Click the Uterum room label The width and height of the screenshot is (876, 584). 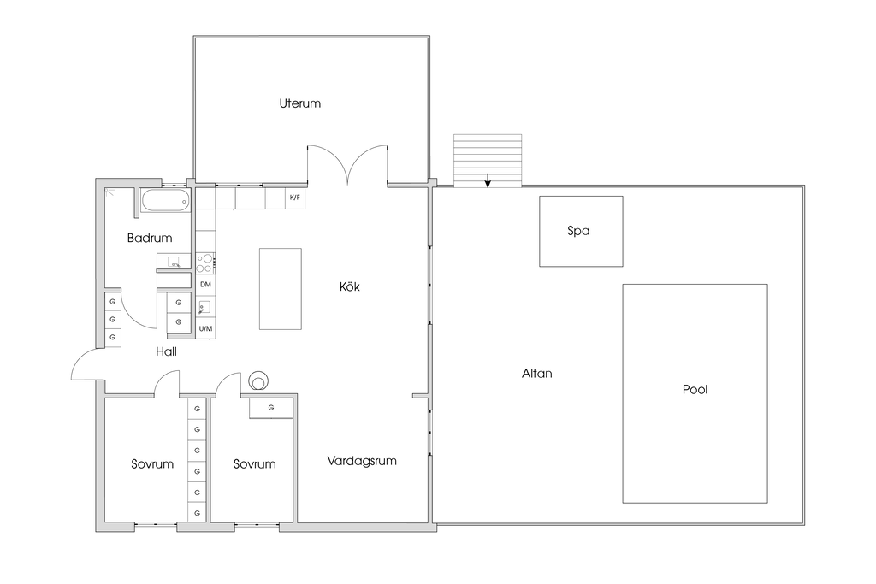pyautogui.click(x=299, y=103)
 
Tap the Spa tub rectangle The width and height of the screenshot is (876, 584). pyautogui.click(x=580, y=231)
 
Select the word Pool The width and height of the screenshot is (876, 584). pyautogui.click(x=695, y=390)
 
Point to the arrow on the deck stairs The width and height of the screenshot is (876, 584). pyautogui.click(x=488, y=180)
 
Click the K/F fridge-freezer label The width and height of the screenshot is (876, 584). pyautogui.click(x=295, y=198)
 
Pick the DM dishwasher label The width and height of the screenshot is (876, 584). pyautogui.click(x=205, y=284)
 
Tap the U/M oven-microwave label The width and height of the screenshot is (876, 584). pyautogui.click(x=205, y=328)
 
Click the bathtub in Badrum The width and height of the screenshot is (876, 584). pyautogui.click(x=165, y=202)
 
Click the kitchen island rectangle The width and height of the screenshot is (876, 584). pyautogui.click(x=281, y=289)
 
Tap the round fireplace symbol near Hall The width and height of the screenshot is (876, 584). pyautogui.click(x=257, y=380)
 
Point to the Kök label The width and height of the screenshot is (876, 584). pyautogui.click(x=350, y=287)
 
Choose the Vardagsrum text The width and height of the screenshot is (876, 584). pyautogui.click(x=362, y=461)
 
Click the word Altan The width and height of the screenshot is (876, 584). pyautogui.click(x=536, y=374)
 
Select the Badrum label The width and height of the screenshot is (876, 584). pyautogui.click(x=150, y=239)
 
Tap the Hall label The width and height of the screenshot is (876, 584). pyautogui.click(x=166, y=351)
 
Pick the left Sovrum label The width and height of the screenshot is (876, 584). pyautogui.click(x=152, y=464)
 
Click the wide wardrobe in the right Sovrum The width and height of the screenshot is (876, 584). pyautogui.click(x=271, y=408)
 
